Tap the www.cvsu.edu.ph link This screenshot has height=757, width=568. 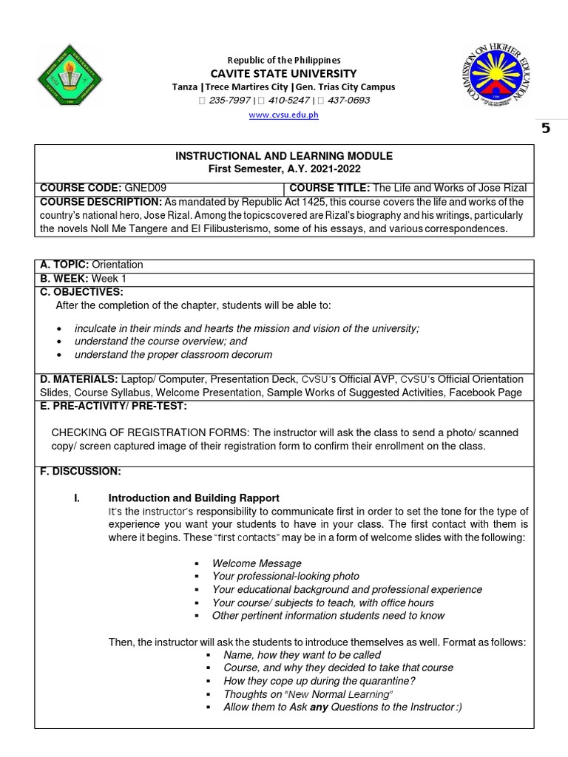283,116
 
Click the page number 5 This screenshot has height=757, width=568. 546,128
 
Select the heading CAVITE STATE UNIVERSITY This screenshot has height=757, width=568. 284,73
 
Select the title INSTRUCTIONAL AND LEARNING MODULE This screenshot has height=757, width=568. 283,156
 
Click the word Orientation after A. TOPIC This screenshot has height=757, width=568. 117,265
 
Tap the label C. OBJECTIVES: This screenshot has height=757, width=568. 81,292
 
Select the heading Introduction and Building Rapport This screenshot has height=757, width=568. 194,498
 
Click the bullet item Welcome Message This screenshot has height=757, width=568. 257,563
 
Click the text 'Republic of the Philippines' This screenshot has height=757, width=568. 283,59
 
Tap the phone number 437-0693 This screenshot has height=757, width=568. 345,101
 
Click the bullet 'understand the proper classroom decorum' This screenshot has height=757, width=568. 174,354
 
